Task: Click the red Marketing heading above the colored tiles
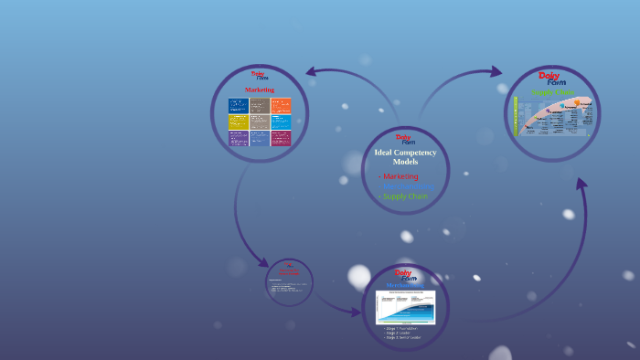pyautogui.click(x=260, y=90)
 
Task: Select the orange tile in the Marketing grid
pyautogui.click(x=281, y=105)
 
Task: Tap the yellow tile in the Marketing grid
pyautogui.click(x=238, y=122)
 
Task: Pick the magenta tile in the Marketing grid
pyautogui.click(x=281, y=138)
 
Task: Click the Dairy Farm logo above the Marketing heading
pyautogui.click(x=260, y=76)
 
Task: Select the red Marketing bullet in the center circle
pyautogui.click(x=400, y=175)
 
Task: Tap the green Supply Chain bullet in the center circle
pyautogui.click(x=403, y=196)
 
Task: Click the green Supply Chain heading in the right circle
pyautogui.click(x=552, y=92)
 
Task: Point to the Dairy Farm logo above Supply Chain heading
pyautogui.click(x=552, y=79)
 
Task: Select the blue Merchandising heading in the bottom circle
pyautogui.click(x=403, y=285)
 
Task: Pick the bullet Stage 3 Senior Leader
pyautogui.click(x=403, y=337)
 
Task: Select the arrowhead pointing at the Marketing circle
pyautogui.click(x=313, y=71)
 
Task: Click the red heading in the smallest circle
pyautogui.click(x=289, y=271)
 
